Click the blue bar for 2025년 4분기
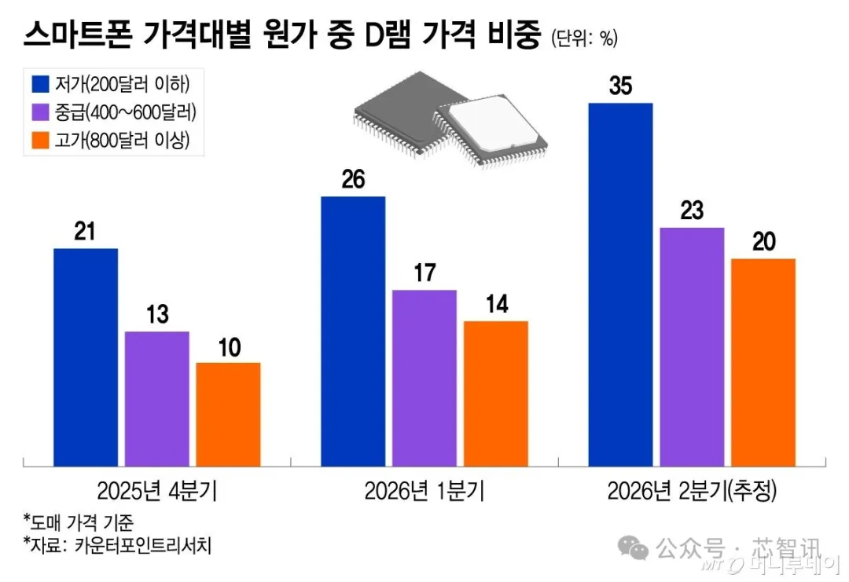86,357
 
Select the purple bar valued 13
156,398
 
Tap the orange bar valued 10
228,414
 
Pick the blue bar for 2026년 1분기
353,331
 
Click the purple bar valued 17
424,378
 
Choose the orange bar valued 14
495,393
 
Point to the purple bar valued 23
692,346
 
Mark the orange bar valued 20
763,362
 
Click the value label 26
353,180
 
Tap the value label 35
620,86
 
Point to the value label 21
85,232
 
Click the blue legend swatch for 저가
41,83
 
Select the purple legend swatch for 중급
41,112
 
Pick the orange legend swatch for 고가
41,141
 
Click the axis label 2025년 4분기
157,492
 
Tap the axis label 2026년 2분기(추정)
692,492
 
